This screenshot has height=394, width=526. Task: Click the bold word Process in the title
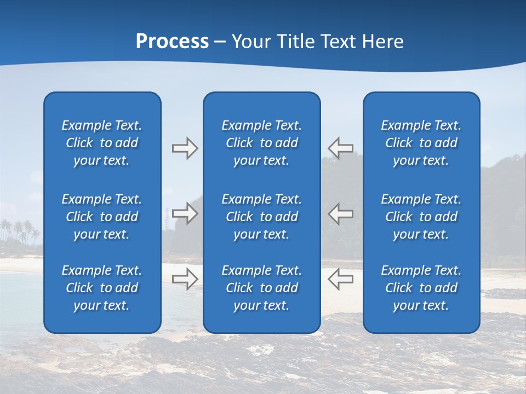coord(172,41)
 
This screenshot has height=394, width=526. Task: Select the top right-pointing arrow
coord(185,148)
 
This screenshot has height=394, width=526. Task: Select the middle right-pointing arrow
coord(185,213)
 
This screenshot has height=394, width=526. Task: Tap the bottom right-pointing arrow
coord(185,279)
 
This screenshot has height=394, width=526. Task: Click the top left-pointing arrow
coord(340,148)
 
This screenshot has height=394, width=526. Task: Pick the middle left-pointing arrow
coord(340,213)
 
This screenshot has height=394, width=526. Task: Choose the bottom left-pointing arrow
coord(340,279)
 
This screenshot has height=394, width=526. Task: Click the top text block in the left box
coord(102,143)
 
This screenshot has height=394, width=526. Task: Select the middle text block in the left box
coord(102,217)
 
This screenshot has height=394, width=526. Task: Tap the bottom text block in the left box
coord(102,288)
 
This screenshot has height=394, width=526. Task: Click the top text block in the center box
coord(261,143)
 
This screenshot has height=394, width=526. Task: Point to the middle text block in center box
coord(261,217)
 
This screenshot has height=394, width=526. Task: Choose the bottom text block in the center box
coord(261,288)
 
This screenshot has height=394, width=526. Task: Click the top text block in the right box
coord(421,143)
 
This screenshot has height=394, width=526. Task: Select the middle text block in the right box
coord(421,217)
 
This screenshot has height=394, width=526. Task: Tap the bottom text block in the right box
coord(421,288)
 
